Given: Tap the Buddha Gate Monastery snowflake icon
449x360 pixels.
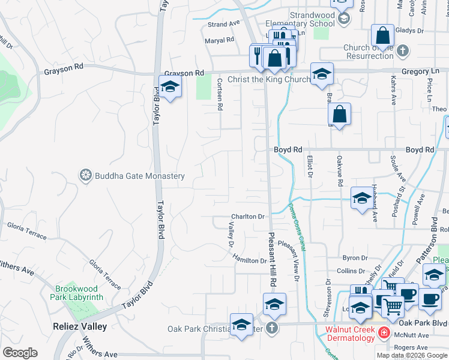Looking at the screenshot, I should tap(86, 175).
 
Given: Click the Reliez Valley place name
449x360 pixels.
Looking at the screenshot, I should tap(79, 327).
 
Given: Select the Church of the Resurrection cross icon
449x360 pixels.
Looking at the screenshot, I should tap(402, 50).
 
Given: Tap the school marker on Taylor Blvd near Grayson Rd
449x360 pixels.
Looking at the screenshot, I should tap(170, 87).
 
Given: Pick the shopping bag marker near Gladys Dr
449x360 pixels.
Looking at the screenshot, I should tap(382, 35).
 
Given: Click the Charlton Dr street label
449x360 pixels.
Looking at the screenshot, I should tap(249, 217).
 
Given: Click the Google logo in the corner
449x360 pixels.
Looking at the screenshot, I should tap(20, 353).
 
